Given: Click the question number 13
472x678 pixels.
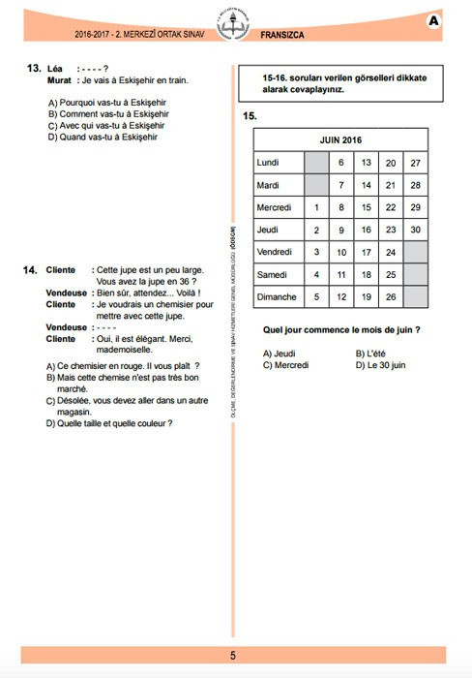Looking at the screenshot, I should click(34, 69).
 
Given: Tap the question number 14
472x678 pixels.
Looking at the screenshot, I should click(31, 269).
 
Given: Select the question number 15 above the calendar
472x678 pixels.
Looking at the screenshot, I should click(250, 116).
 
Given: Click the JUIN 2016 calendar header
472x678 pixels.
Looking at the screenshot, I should click(339, 140).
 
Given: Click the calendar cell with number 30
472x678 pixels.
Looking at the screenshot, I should click(415, 230).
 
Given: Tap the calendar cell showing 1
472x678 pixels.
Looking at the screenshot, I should click(317, 207).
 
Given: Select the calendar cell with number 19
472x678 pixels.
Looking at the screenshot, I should click(367, 296).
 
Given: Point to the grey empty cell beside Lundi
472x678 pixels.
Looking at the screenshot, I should click(317, 163).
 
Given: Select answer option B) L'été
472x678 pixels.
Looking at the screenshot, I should click(371, 354).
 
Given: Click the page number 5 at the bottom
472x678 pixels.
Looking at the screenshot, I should click(233, 656).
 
